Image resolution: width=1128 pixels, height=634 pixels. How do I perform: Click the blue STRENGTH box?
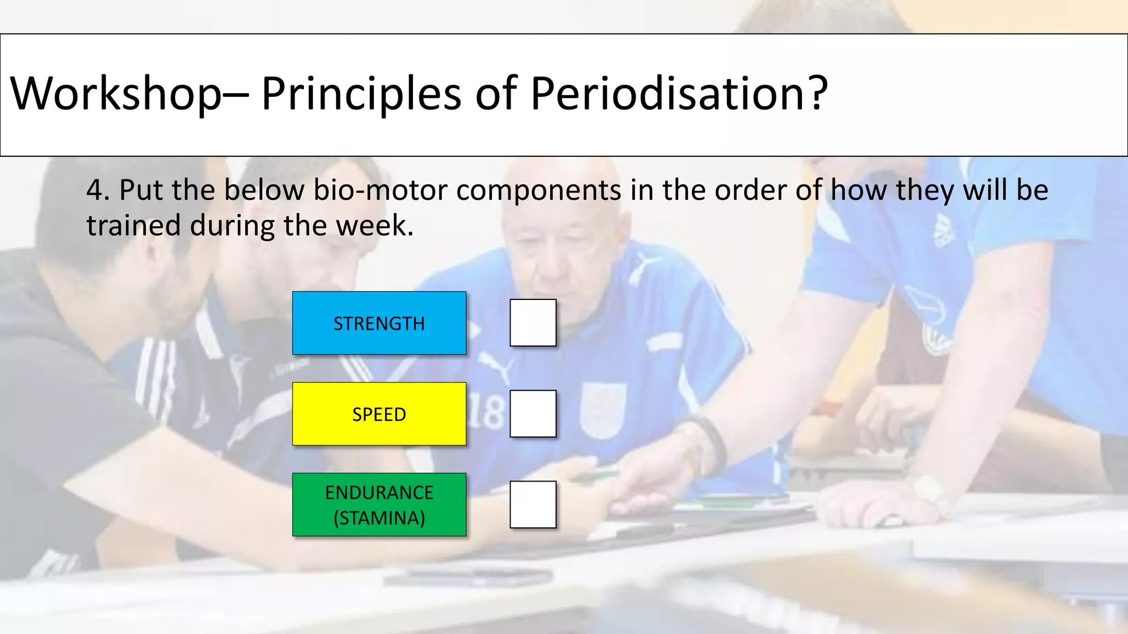click(379, 323)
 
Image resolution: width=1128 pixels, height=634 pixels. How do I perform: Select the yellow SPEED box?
click(379, 414)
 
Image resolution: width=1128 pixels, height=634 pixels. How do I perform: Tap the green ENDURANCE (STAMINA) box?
click(379, 505)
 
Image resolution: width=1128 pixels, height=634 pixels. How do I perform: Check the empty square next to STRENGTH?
click(533, 323)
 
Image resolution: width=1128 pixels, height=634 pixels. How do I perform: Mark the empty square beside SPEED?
click(533, 414)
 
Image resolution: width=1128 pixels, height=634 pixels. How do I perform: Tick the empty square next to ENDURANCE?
click(533, 505)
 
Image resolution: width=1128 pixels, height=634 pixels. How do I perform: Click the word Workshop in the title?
click(116, 94)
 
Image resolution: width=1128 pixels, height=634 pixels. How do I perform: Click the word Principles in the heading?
click(361, 94)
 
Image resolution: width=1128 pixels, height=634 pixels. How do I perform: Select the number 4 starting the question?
click(95, 190)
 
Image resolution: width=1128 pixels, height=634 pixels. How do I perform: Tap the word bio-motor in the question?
click(380, 190)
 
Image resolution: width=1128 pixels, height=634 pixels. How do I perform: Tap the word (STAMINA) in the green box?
click(379, 518)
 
